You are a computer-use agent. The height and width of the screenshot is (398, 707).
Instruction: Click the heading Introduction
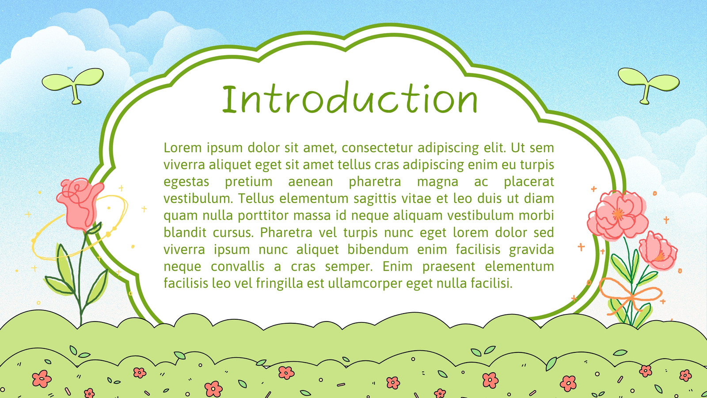click(350, 98)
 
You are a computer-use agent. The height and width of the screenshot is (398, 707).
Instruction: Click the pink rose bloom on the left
click(80, 203)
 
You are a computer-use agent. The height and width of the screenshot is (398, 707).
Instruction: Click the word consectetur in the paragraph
click(377, 148)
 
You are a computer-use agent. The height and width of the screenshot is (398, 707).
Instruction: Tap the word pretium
click(248, 182)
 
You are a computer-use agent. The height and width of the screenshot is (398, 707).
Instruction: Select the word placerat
click(528, 182)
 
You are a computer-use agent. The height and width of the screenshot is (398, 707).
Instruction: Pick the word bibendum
click(378, 249)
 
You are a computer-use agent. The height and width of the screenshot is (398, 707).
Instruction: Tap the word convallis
click(237, 267)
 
